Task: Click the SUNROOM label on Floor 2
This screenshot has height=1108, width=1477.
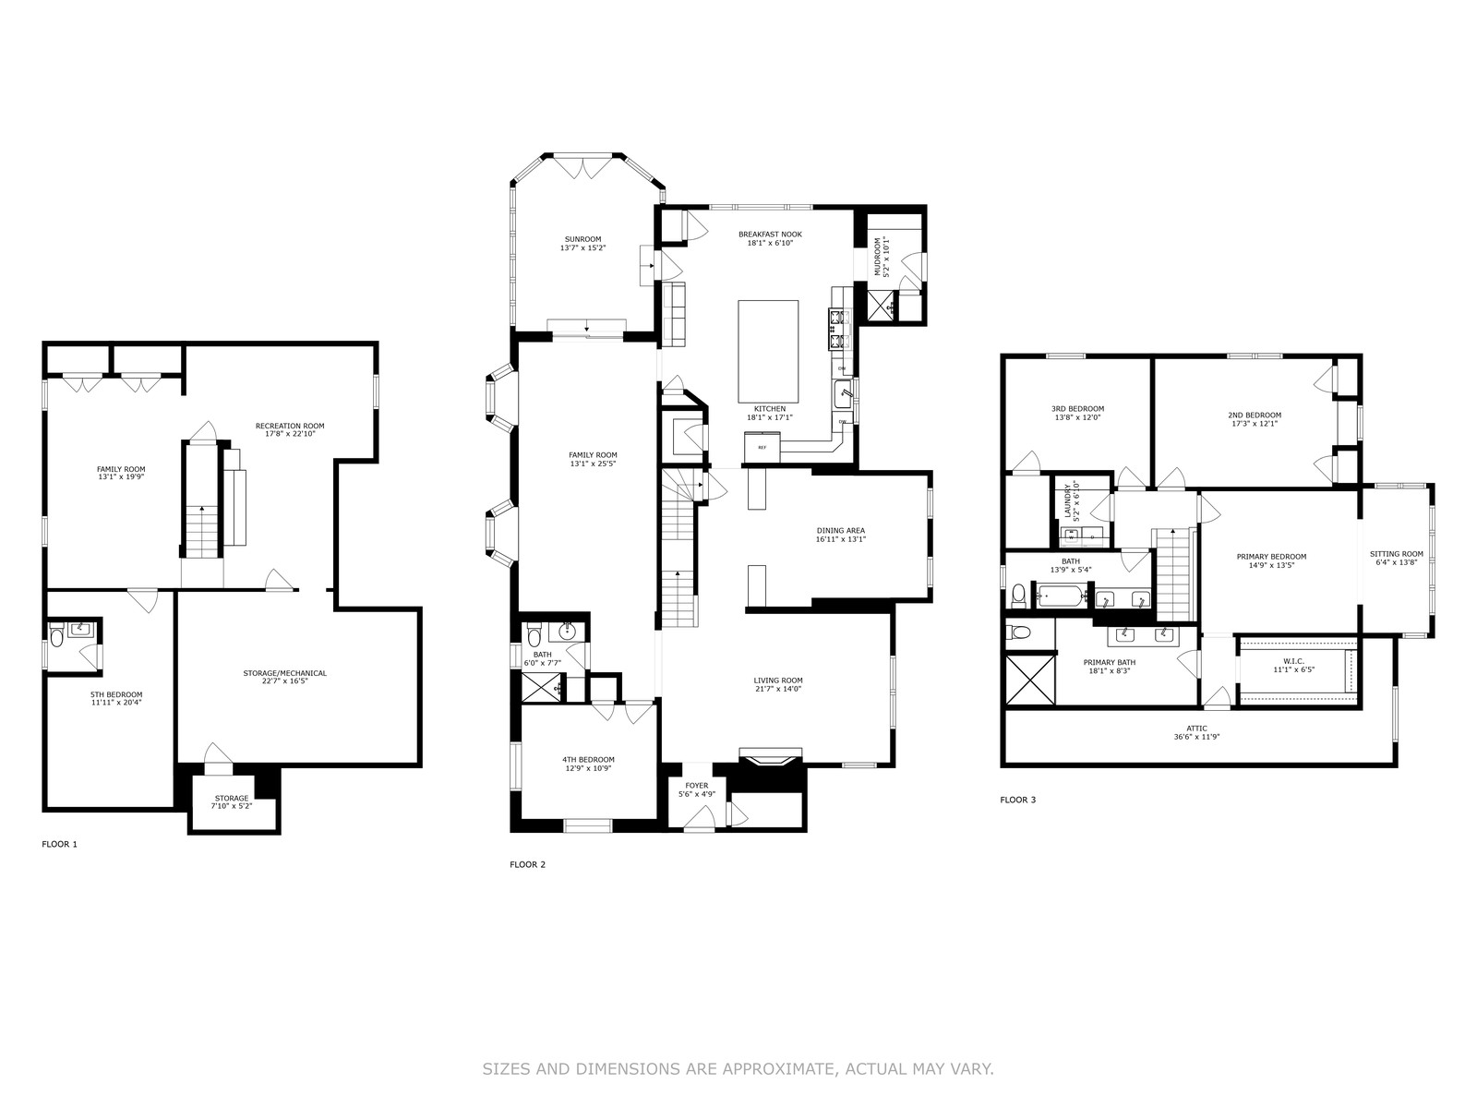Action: coord(582,239)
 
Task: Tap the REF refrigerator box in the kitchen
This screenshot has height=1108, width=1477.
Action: coord(762,448)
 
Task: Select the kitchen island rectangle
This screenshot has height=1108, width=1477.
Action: coord(768,351)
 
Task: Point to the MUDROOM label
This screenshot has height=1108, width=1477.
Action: coord(878,257)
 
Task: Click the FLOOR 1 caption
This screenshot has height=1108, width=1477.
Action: coord(60,844)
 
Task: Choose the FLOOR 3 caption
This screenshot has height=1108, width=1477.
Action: coord(1018,800)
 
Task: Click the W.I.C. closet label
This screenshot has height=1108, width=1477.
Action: coord(1294,661)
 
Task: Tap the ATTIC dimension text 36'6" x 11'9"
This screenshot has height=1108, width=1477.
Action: coord(1197,737)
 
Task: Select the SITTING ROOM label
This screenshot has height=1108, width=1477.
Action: coord(1397,554)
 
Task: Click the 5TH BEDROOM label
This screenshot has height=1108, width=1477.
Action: coord(116,695)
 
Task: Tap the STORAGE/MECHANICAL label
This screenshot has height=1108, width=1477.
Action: coord(284,673)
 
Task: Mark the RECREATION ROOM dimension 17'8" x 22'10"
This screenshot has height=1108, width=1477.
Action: coord(290,434)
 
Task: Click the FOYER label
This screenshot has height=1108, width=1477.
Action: coord(696,786)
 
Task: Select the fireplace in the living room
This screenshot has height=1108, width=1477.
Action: coord(771,757)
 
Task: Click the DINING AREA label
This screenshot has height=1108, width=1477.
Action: coord(840,530)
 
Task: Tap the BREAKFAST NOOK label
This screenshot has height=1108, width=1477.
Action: coord(771,235)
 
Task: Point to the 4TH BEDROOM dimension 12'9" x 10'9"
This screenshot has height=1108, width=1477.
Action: coord(588,768)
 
